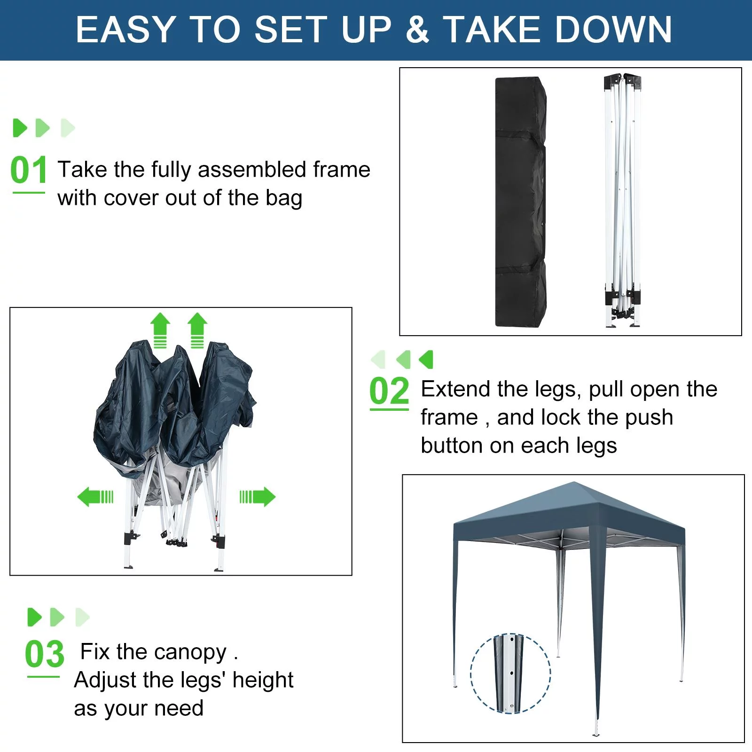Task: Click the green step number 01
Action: tap(28, 170)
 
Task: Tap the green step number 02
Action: tap(389, 391)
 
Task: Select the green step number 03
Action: tap(44, 654)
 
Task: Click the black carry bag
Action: tap(520, 202)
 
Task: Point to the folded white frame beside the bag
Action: tap(623, 202)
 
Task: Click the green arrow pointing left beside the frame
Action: tap(95, 497)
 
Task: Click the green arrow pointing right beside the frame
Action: tap(258, 497)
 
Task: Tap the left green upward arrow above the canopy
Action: tap(160, 330)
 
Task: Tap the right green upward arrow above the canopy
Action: tap(197, 330)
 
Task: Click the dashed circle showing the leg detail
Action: tap(510, 674)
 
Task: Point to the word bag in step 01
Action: tap(283, 198)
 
